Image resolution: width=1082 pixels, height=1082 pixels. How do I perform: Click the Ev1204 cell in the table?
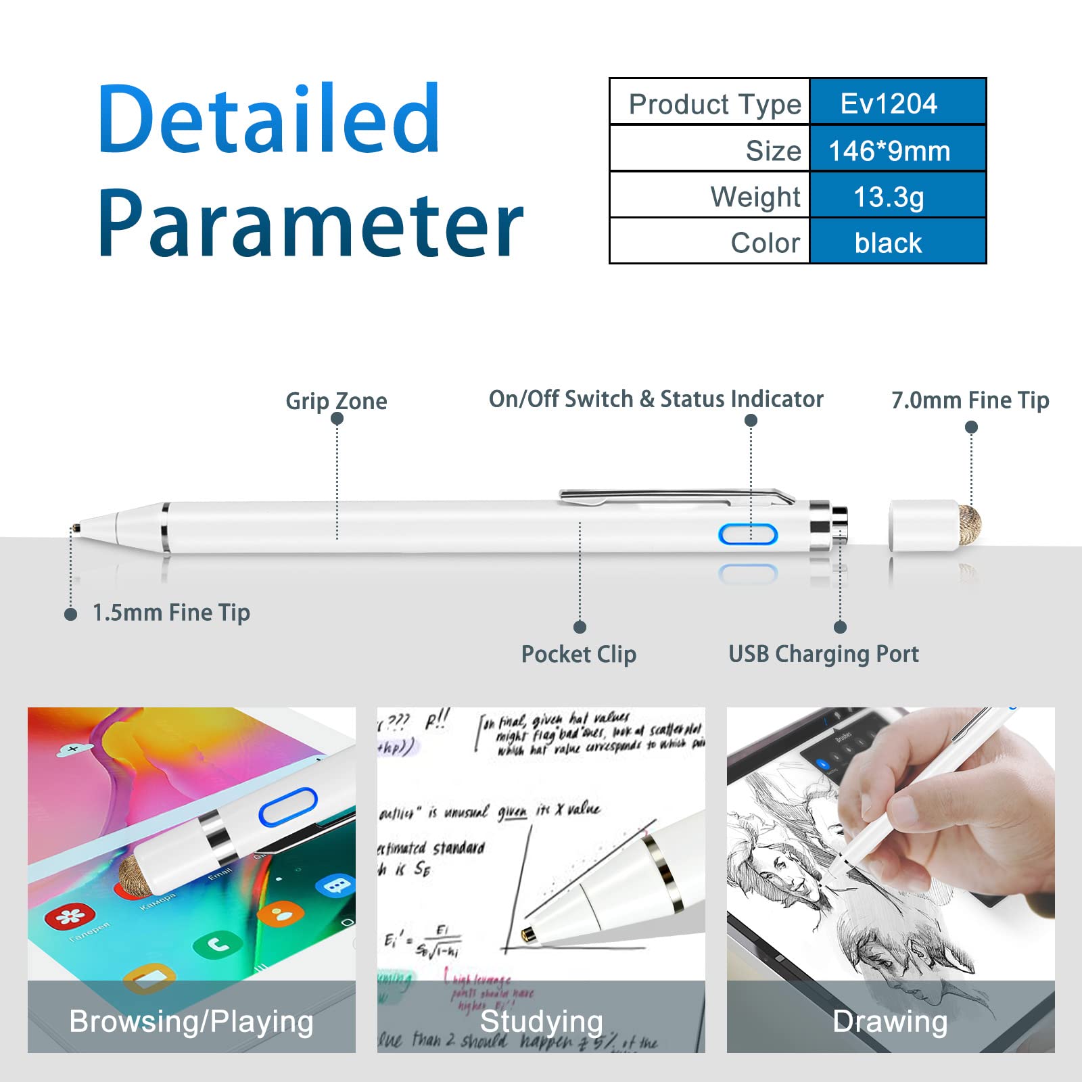click(889, 103)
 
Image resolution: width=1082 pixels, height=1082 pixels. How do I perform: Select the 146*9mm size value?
click(889, 150)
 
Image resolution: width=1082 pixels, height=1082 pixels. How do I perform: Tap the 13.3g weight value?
click(889, 197)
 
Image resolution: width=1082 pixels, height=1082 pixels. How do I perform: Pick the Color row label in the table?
click(765, 243)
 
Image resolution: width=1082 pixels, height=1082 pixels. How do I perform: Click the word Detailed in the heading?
click(269, 119)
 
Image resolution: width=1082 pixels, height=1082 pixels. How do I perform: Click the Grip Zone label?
click(336, 401)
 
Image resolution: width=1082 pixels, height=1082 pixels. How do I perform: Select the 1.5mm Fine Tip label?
click(171, 613)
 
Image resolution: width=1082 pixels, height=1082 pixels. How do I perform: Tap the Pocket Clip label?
click(578, 654)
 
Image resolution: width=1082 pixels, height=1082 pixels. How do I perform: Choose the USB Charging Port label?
click(823, 654)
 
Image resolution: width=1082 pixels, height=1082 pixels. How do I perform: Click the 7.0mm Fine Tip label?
click(970, 400)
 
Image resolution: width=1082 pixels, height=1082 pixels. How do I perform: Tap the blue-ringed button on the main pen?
click(748, 535)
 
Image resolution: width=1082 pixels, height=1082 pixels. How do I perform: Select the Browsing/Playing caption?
click(191, 1021)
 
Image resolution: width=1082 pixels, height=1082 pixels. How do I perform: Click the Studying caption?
click(541, 1021)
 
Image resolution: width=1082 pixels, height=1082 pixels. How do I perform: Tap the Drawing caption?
click(890, 1021)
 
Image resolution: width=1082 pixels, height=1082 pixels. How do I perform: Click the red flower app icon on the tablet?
click(70, 916)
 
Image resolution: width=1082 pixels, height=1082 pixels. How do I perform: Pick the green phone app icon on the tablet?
click(217, 943)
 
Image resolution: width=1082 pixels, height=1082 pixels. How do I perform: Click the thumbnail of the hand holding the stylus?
click(891, 845)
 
